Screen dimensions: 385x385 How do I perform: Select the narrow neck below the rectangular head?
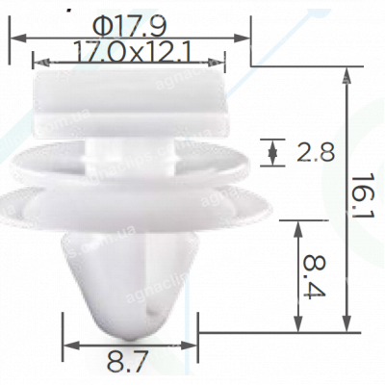pyautogui.click(x=131, y=147)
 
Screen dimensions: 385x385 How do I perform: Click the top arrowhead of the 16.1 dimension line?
pyautogui.click(x=345, y=72)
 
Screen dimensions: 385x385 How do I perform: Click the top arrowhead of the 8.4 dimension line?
pyautogui.click(x=299, y=223)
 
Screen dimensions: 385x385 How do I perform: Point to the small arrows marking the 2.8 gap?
pyautogui.click(x=274, y=151)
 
